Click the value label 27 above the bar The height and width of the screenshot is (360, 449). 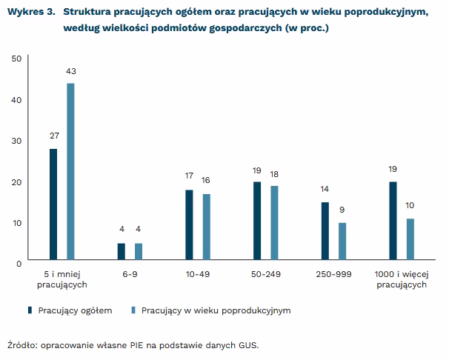[53, 136]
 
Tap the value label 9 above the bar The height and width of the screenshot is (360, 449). [342, 210]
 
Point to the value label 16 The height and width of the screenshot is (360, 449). [206, 181]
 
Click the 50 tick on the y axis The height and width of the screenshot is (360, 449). [16, 59]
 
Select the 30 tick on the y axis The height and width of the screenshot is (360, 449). [16, 141]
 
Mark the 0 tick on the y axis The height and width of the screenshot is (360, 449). [19, 263]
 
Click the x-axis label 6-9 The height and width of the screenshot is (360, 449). [130, 274]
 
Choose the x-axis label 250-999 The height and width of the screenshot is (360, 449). [333, 274]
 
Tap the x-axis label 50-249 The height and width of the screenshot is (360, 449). [265, 274]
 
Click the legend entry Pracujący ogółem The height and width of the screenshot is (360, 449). [74, 310]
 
